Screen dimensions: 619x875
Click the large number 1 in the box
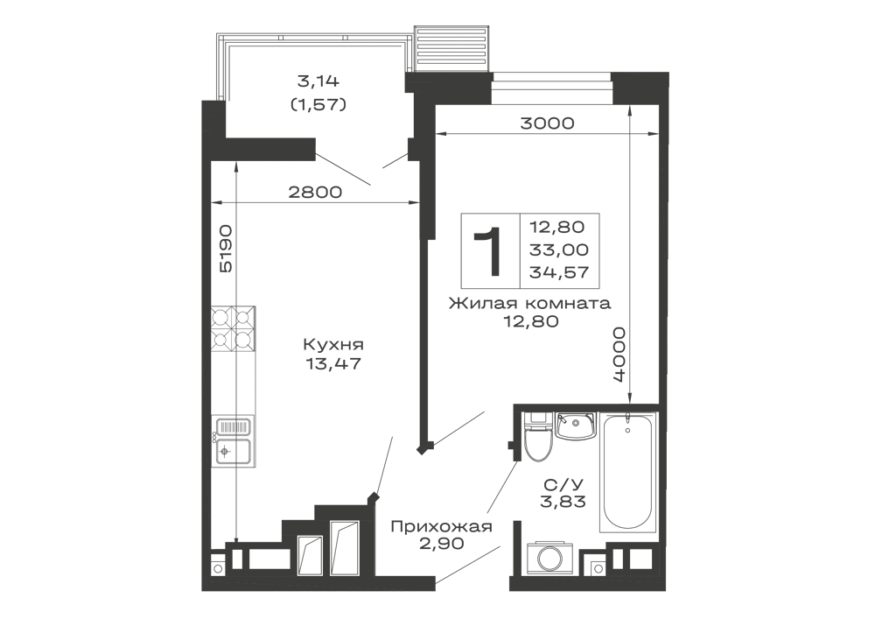coord(488,249)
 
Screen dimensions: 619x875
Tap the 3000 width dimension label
coord(547,123)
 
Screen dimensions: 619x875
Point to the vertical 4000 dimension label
coord(619,356)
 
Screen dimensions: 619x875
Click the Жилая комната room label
coord(528,305)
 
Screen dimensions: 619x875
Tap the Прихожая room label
coord(441,527)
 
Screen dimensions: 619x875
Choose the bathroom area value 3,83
coord(563,501)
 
